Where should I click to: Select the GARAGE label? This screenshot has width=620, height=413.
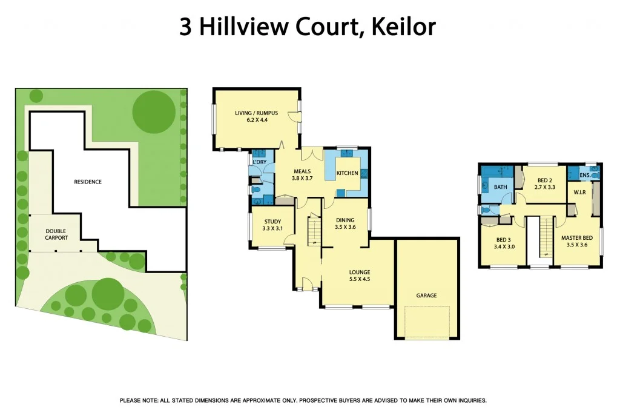click(x=426, y=296)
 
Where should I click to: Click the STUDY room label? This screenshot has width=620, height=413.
click(x=272, y=221)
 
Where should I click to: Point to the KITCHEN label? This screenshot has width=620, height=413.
click(x=348, y=173)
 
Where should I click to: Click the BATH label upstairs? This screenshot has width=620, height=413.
click(x=500, y=187)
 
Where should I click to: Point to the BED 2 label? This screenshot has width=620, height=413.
click(x=545, y=180)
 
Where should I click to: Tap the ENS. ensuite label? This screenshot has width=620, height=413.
click(x=585, y=176)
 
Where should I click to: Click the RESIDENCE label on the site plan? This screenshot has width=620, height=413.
click(x=88, y=182)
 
